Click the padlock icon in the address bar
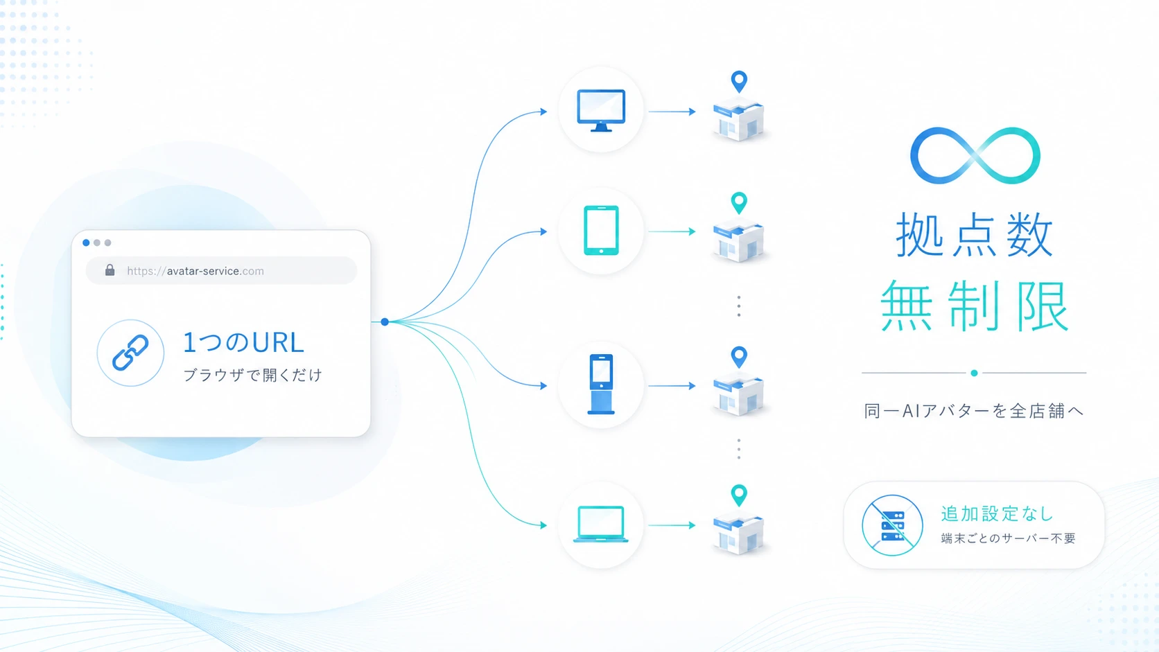click(110, 270)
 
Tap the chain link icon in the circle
click(130, 353)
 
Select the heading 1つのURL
click(243, 343)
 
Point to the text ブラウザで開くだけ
click(253, 375)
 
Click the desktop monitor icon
click(601, 111)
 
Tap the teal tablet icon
click(601, 231)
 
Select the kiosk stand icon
click(601, 384)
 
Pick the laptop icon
click(601, 524)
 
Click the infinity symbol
click(975, 155)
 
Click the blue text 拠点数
click(975, 235)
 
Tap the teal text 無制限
click(975, 306)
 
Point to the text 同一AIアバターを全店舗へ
click(974, 411)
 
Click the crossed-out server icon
click(893, 525)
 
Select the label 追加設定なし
click(997, 514)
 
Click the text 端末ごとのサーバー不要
click(1009, 538)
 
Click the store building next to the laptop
click(738, 534)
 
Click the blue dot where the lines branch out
click(385, 321)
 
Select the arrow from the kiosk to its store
click(672, 386)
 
